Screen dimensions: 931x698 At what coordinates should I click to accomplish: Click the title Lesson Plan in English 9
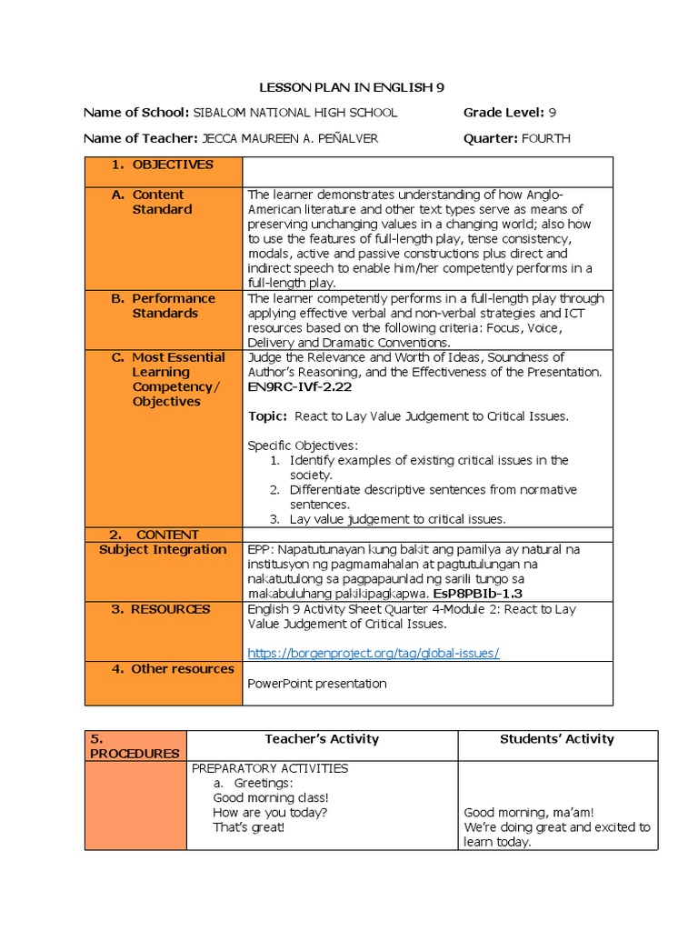click(346, 87)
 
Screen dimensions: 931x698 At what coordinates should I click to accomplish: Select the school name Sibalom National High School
click(295, 113)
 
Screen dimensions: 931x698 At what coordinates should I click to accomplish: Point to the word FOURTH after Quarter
click(546, 138)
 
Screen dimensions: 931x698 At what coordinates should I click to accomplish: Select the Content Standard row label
click(161, 202)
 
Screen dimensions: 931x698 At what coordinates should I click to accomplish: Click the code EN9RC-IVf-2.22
click(299, 386)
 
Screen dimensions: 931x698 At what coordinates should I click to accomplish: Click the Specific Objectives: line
click(303, 445)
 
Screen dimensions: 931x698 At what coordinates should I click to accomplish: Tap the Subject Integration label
click(163, 549)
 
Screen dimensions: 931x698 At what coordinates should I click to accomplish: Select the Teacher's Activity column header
click(322, 739)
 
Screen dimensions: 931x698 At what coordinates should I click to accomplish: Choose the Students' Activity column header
click(557, 739)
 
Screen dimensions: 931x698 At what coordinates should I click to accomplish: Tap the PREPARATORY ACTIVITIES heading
click(270, 768)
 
